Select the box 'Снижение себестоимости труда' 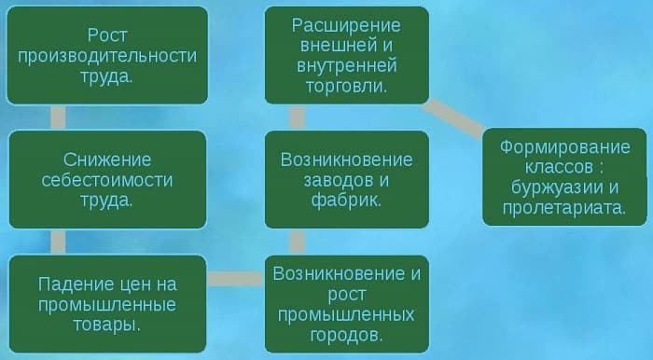107,178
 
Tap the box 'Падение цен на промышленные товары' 107,303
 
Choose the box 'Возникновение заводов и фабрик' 346,178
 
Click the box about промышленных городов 346,303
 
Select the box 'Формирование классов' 564,177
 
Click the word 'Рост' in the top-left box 107,35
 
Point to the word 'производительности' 107,55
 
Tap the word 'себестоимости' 107,179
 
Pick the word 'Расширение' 346,24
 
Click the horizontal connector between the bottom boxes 235,278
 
